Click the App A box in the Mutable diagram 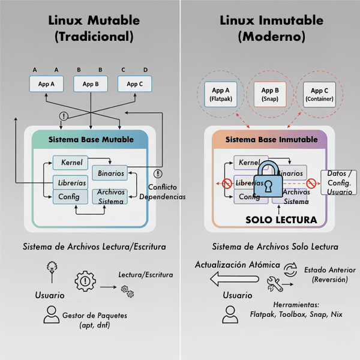pyautogui.click(x=46, y=84)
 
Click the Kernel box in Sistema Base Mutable pyautogui.click(x=71, y=163)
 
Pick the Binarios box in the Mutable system pyautogui.click(x=109, y=173)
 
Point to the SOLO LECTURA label pyautogui.click(x=281, y=220)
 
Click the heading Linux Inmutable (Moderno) pyautogui.click(x=271, y=28)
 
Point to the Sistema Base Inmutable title pyautogui.click(x=271, y=139)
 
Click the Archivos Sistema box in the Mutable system pyautogui.click(x=109, y=197)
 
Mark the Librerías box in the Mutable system pyautogui.click(x=70, y=182)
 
